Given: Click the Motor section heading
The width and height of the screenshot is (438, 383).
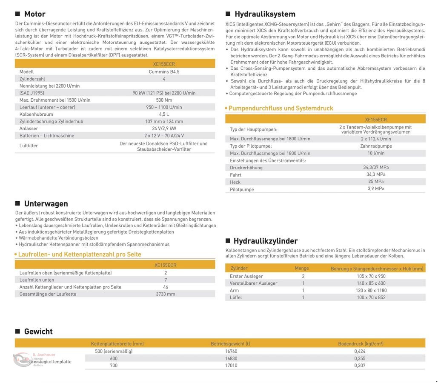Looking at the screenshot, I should [x=34, y=14].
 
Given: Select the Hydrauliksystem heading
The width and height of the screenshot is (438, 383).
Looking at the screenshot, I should [x=265, y=14].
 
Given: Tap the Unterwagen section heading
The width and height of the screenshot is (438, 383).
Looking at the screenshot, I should [x=46, y=203].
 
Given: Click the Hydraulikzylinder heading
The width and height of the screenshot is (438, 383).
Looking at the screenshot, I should [x=265, y=241].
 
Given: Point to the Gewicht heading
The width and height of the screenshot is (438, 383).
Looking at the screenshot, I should [x=38, y=332].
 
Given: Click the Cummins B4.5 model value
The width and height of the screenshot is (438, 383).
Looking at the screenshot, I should [x=164, y=71].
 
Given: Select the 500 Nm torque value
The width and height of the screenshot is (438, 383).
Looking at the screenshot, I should [x=164, y=100].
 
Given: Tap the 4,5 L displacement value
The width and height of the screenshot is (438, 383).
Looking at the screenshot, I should [x=164, y=114].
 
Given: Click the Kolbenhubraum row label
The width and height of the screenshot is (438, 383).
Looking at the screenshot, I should [x=36, y=114].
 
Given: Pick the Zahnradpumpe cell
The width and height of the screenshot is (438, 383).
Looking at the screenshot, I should [x=376, y=146].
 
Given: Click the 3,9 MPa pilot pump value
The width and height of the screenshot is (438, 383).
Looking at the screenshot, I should [x=376, y=189].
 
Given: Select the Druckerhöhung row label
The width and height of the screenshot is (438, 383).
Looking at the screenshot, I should [x=246, y=168].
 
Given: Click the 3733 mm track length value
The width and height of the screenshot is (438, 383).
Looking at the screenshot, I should [x=165, y=294].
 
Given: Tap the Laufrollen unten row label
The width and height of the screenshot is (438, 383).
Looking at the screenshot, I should [x=37, y=280].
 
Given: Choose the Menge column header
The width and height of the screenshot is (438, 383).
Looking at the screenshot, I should [x=302, y=268].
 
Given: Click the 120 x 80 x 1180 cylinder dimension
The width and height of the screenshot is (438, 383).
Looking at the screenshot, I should [x=371, y=290].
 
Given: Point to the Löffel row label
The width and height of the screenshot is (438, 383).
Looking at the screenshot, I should [x=236, y=297].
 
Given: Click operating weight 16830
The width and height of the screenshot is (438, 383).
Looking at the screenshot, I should [x=231, y=358].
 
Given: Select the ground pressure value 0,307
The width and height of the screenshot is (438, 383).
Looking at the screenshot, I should [x=360, y=365].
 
